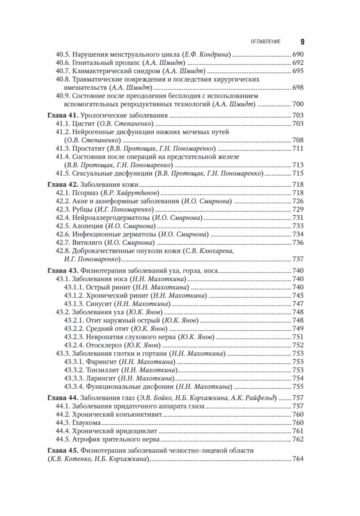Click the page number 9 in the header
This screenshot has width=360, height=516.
(x=302, y=42)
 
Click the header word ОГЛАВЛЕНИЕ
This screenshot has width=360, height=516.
(x=265, y=42)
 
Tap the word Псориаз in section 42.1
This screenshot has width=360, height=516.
(x=85, y=193)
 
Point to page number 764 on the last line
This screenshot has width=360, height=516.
(x=298, y=459)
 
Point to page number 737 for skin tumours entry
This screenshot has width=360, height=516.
(x=298, y=259)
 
